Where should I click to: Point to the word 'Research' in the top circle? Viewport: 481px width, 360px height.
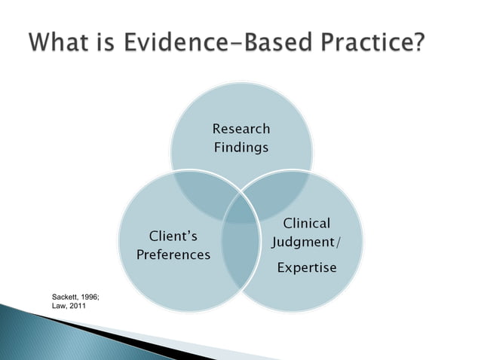click(240, 129)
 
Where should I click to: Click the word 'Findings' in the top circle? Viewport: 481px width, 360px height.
click(240, 148)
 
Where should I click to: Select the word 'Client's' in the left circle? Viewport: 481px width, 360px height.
click(173, 236)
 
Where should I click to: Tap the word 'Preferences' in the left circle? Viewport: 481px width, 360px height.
click(173, 255)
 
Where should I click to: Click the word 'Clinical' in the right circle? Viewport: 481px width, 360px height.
click(306, 223)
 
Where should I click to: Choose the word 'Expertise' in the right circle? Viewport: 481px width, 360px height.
click(306, 268)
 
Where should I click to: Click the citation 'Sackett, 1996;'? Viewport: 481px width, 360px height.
click(75, 299)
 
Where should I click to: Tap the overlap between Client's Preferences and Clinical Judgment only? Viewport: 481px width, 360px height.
click(240, 260)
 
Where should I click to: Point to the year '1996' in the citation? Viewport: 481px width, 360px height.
click(88, 299)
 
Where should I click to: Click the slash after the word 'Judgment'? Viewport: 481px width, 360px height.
click(336, 243)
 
